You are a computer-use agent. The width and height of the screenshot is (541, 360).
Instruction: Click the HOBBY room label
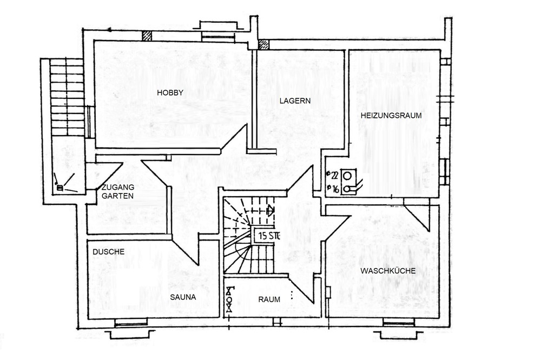(170, 93)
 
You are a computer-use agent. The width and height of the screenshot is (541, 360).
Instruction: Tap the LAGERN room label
(295, 101)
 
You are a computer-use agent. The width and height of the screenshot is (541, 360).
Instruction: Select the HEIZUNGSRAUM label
(391, 116)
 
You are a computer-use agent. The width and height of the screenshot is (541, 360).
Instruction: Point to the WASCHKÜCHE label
(388, 271)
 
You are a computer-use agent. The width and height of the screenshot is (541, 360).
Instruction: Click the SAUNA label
(183, 297)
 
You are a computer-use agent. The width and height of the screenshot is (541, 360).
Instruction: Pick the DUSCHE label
(108, 252)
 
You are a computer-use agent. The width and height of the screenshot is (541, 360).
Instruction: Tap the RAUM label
(269, 299)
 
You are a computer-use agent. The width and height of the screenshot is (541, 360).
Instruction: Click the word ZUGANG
(117, 188)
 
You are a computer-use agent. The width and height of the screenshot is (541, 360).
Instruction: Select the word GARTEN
(117, 196)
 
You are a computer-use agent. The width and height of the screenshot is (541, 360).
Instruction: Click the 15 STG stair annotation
(268, 236)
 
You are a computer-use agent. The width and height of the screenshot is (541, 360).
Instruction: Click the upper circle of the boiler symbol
(347, 176)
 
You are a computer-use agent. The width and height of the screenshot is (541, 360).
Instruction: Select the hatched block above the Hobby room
(147, 36)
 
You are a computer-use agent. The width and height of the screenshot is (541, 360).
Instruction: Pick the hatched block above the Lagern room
(263, 44)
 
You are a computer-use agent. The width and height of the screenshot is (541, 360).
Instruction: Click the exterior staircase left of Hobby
(67, 98)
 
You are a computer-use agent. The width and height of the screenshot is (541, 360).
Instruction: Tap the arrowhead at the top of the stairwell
(271, 210)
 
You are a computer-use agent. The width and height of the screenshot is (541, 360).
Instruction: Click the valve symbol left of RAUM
(229, 299)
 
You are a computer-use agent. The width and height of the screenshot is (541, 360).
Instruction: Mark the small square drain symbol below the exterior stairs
(60, 188)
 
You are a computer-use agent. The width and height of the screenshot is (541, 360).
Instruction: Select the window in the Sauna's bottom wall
(130, 323)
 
